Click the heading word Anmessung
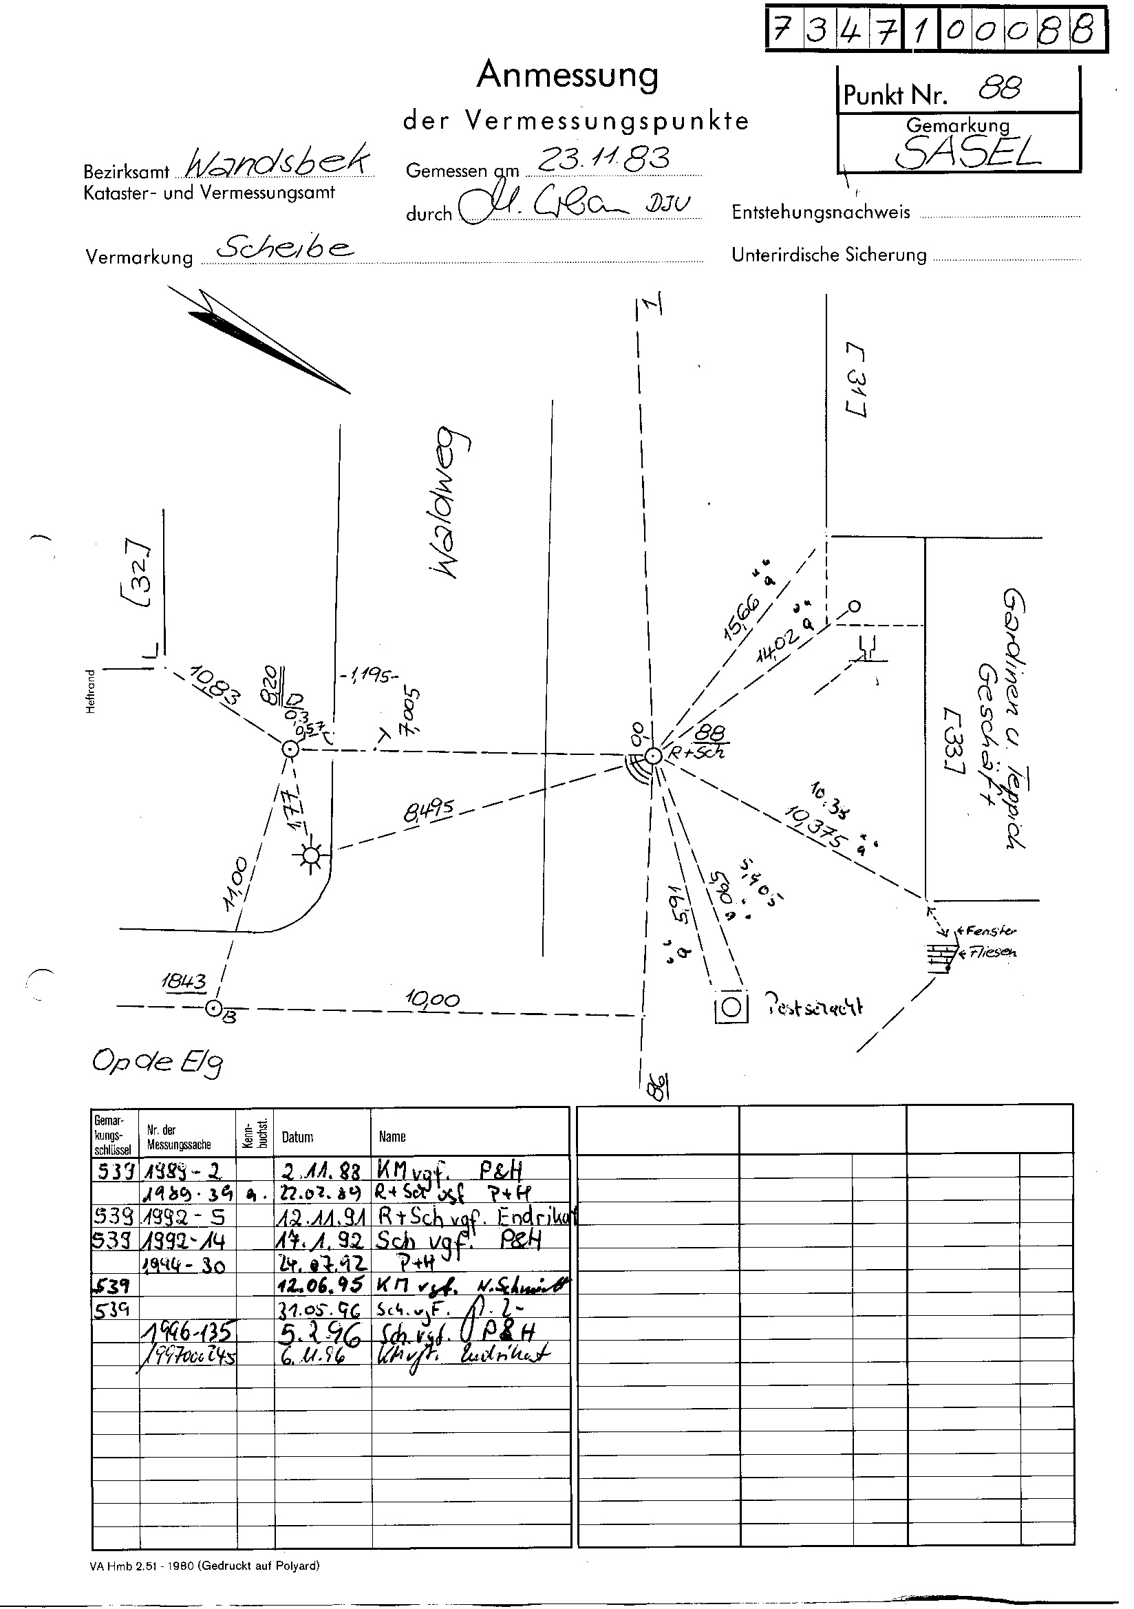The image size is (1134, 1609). (x=567, y=76)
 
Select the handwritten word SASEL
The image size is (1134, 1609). (x=967, y=152)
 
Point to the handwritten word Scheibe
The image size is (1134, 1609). (x=285, y=247)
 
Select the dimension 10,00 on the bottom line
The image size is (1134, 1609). (x=432, y=999)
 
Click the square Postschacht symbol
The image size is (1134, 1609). (x=731, y=1008)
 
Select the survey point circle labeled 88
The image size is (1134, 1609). (x=652, y=756)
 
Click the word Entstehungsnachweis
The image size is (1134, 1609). (x=821, y=213)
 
